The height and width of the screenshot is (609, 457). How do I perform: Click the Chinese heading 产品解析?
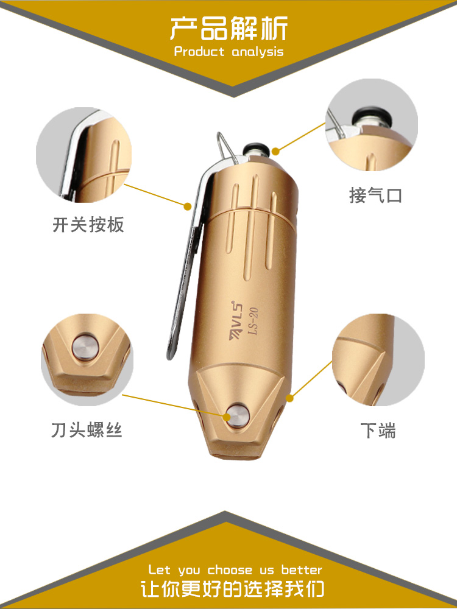[x=228, y=29]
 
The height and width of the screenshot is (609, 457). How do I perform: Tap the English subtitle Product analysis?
[x=229, y=52]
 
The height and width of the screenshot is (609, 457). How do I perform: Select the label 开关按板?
[x=88, y=225]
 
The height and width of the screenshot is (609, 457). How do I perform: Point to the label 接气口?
[x=375, y=195]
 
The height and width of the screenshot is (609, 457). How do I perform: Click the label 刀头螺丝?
[x=87, y=431]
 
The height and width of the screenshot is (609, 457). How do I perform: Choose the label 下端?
[x=378, y=431]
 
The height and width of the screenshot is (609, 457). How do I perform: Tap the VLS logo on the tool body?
[x=236, y=320]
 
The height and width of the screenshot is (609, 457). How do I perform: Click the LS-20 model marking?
[x=253, y=321]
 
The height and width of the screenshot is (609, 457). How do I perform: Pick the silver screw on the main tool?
[x=237, y=416]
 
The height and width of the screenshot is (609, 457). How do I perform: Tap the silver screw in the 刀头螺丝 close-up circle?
[x=85, y=347]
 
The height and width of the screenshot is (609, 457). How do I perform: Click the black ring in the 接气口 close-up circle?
[x=370, y=116]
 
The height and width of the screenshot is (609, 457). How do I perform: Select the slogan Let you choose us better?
[x=235, y=570]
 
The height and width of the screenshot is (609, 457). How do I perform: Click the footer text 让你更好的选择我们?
[x=232, y=588]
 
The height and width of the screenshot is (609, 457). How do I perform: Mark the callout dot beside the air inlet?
[x=275, y=151]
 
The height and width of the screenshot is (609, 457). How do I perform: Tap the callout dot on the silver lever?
[x=188, y=206]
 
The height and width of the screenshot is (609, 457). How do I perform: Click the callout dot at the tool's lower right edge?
[x=289, y=398]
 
